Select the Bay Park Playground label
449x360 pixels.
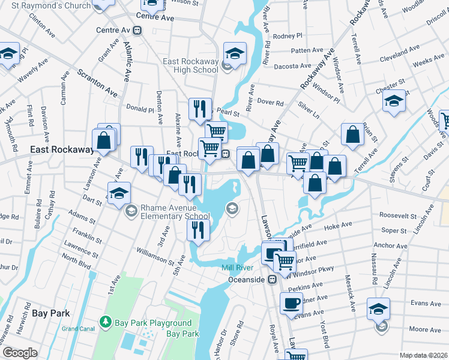point(145,323)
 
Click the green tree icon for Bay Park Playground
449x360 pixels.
point(106,323)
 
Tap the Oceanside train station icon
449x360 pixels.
point(272,280)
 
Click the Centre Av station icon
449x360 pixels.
point(138,29)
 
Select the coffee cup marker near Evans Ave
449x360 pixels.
point(292,302)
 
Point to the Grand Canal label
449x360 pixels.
point(78,329)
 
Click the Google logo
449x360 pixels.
point(19,353)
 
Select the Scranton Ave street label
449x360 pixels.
point(97,83)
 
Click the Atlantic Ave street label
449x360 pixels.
point(127,60)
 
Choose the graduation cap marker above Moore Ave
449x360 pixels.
point(378,308)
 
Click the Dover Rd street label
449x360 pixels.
point(270,103)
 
